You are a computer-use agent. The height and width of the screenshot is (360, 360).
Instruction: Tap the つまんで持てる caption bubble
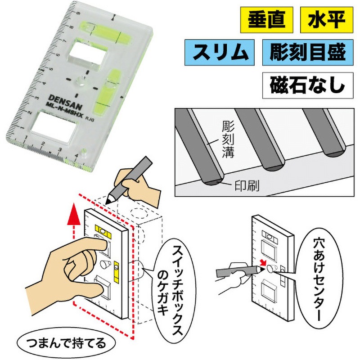pyautogui.click(x=66, y=344)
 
